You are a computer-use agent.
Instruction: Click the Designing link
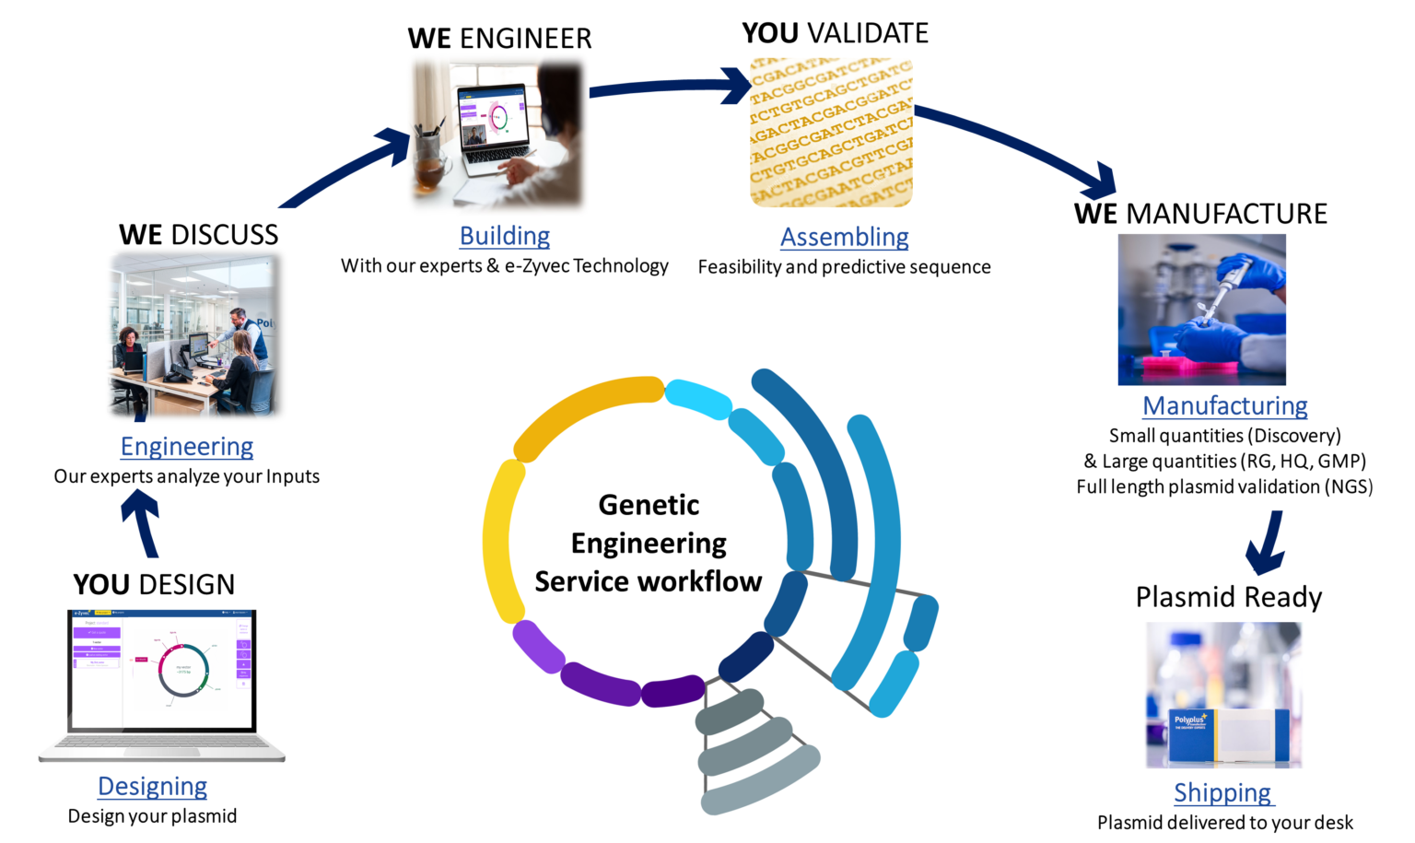(153, 786)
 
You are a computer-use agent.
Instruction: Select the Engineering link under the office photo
(187, 446)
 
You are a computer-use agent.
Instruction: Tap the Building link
(505, 236)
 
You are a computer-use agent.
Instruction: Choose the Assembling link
(844, 237)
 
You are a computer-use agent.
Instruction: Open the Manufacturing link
(1224, 405)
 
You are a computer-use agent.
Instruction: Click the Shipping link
(1222, 792)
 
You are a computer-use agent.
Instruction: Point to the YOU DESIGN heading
(154, 584)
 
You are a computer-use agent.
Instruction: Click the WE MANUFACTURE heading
(1200, 214)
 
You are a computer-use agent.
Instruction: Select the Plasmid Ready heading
(1228, 597)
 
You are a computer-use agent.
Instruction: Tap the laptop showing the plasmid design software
(162, 682)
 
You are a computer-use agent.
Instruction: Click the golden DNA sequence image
(831, 132)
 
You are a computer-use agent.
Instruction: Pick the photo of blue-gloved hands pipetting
(1201, 309)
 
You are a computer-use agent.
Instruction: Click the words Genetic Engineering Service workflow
(648, 543)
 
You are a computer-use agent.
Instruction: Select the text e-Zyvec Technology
(586, 266)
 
